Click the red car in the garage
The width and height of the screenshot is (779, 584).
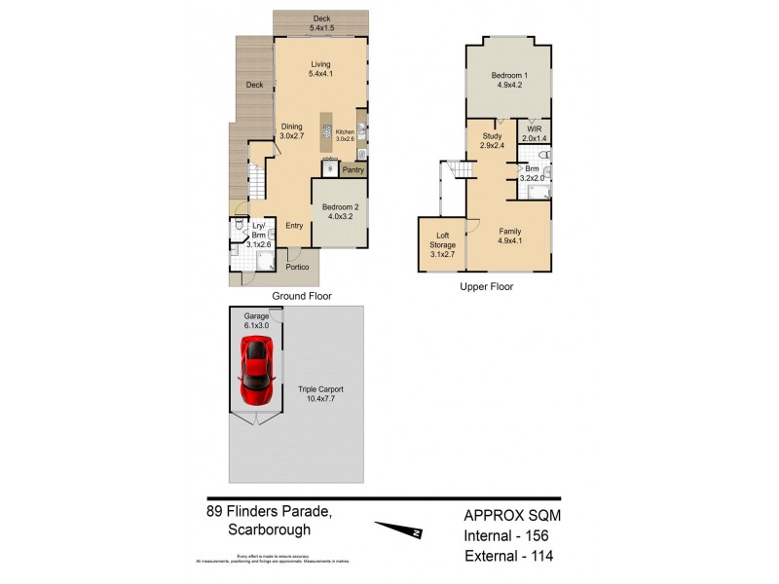point(256,373)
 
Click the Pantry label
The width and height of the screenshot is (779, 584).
point(353,169)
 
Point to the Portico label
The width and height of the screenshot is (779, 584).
point(298,266)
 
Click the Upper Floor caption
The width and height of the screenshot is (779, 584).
point(486,287)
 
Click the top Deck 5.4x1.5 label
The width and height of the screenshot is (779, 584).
point(320,23)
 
